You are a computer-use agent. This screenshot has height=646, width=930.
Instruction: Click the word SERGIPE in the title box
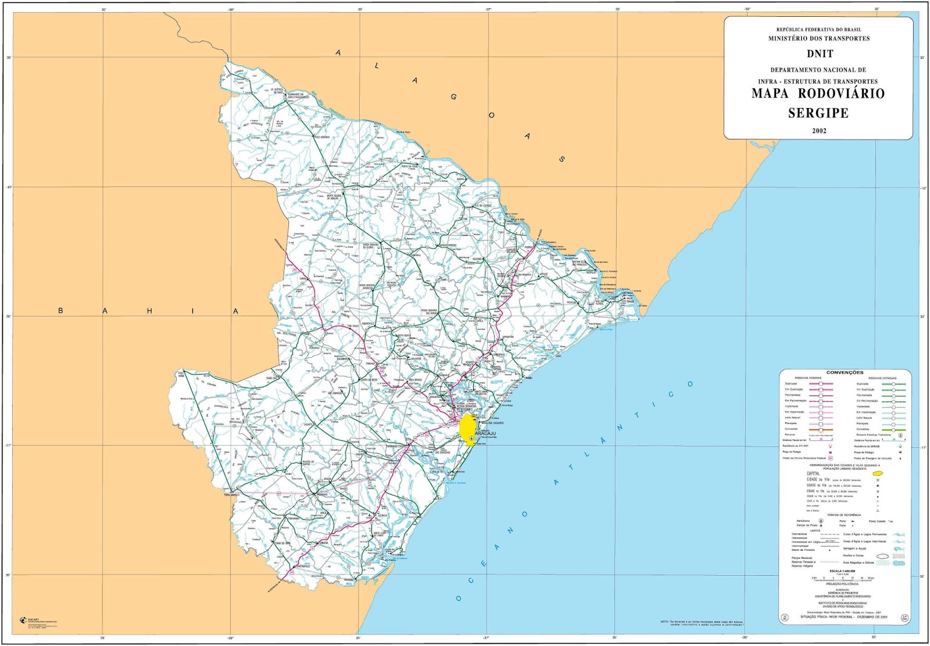click(818, 113)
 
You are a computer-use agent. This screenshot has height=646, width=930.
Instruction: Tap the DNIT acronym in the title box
click(820, 54)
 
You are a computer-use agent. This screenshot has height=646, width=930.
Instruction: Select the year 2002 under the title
click(819, 131)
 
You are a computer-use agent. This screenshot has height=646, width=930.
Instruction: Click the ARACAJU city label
click(486, 433)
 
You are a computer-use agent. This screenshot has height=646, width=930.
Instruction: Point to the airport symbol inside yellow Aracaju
click(471, 438)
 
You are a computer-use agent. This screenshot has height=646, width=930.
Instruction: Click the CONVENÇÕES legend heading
click(845, 372)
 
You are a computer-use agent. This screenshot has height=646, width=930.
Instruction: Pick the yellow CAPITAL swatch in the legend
click(878, 474)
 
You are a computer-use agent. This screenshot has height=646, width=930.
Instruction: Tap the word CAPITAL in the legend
click(813, 473)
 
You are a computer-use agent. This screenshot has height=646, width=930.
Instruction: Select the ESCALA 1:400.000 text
click(842, 571)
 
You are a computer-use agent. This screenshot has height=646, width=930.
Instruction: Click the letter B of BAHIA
click(60, 311)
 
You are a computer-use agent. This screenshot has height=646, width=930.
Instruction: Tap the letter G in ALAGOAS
click(453, 97)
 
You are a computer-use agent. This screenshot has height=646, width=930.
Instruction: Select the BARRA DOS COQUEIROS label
click(492, 423)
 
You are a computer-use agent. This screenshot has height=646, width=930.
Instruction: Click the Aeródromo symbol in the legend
click(821, 521)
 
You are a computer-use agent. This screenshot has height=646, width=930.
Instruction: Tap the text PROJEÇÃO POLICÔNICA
click(841, 584)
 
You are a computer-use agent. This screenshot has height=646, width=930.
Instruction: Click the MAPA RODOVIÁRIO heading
click(818, 94)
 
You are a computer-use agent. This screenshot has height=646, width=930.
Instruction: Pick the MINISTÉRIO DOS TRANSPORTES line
click(819, 38)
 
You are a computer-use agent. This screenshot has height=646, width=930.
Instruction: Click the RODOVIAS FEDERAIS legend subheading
click(809, 378)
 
